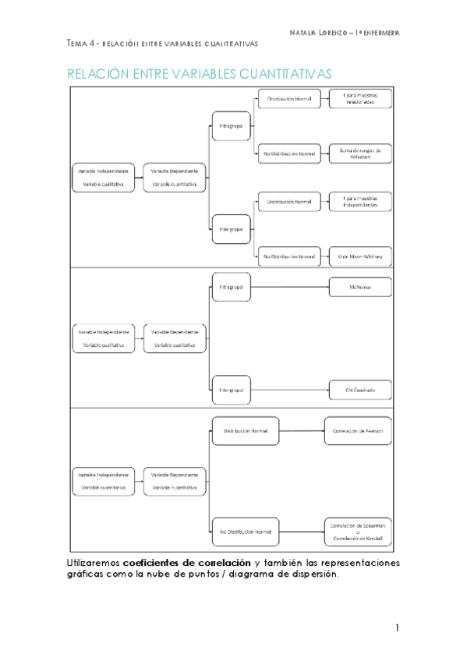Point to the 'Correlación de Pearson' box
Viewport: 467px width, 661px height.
358,430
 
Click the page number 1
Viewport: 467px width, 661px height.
397,627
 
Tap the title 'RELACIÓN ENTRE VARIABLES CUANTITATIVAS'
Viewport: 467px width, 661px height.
199,73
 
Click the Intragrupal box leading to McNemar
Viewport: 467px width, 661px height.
231,287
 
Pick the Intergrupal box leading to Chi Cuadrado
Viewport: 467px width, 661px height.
231,389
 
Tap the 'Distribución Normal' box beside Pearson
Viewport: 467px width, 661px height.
245,430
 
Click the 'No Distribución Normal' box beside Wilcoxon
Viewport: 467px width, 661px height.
288,154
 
